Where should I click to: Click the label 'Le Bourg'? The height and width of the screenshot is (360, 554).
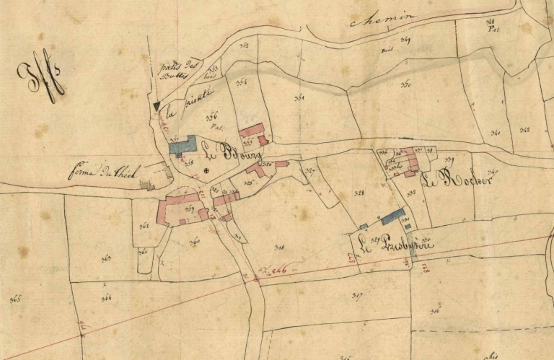click(226, 152)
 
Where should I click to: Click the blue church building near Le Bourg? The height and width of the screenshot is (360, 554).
click(183, 145)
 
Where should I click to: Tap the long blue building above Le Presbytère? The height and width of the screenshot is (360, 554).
click(392, 216)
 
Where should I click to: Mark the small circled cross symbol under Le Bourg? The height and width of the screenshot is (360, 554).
click(206, 171)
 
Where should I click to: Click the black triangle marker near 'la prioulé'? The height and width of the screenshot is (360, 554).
click(157, 106)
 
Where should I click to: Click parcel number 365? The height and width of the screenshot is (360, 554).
click(14, 298)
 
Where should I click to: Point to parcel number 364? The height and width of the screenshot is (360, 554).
click(106, 297)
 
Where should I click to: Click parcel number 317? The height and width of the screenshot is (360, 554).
click(356, 294)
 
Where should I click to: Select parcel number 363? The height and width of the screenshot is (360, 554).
click(144, 226)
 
